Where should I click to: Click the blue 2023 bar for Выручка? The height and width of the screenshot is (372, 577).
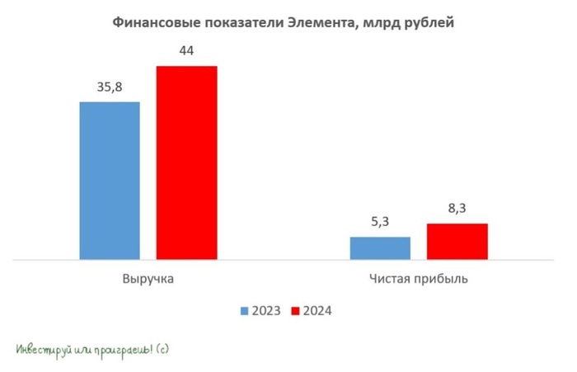110,181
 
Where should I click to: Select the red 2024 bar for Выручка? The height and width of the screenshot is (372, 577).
186,162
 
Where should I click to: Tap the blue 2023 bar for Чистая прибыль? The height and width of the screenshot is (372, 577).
380,248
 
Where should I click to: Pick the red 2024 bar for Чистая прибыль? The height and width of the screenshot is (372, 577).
457,242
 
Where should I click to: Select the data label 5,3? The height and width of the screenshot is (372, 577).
380,223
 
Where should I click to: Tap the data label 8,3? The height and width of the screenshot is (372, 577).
457,210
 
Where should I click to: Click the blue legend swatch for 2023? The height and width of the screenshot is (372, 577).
244,311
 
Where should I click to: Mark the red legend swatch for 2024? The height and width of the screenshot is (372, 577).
295,311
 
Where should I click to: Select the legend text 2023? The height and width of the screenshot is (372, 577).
266,311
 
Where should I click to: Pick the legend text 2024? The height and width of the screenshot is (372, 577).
317,311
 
